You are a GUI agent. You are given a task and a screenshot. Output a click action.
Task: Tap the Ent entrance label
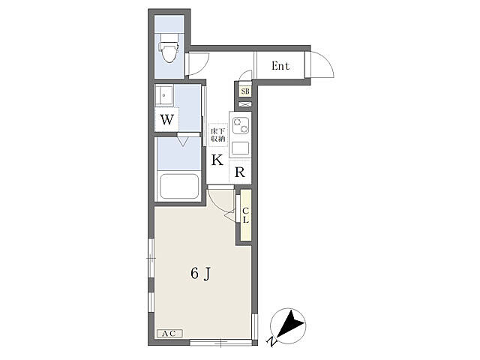tap(280, 66)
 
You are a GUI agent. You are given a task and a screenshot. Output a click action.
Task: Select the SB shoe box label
tap(245, 91)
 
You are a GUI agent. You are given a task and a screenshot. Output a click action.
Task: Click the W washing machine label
tap(167, 120)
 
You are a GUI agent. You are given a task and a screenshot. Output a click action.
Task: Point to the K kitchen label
tap(217, 160)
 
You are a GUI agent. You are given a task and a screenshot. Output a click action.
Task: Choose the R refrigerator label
tap(240, 172)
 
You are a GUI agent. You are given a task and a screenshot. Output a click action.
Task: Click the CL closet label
tap(245, 215)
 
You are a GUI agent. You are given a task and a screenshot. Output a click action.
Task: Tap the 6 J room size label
tap(201, 273)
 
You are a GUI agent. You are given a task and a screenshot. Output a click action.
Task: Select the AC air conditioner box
tap(169, 333)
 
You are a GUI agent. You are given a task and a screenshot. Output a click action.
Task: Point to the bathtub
tap(179, 187)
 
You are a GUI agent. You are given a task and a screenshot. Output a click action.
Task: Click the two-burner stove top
tap(240, 126)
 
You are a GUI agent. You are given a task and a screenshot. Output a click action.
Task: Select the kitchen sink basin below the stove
tap(240, 148)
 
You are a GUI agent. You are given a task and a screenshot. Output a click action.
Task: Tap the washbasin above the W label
tap(164, 95)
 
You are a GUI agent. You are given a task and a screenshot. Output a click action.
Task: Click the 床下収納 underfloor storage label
tap(217, 135)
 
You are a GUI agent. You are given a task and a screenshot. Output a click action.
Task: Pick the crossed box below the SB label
tap(245, 104)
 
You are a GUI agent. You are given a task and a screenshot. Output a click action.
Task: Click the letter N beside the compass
tap(271, 341)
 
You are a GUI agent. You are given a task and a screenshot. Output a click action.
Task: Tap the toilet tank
tap(169, 37)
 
